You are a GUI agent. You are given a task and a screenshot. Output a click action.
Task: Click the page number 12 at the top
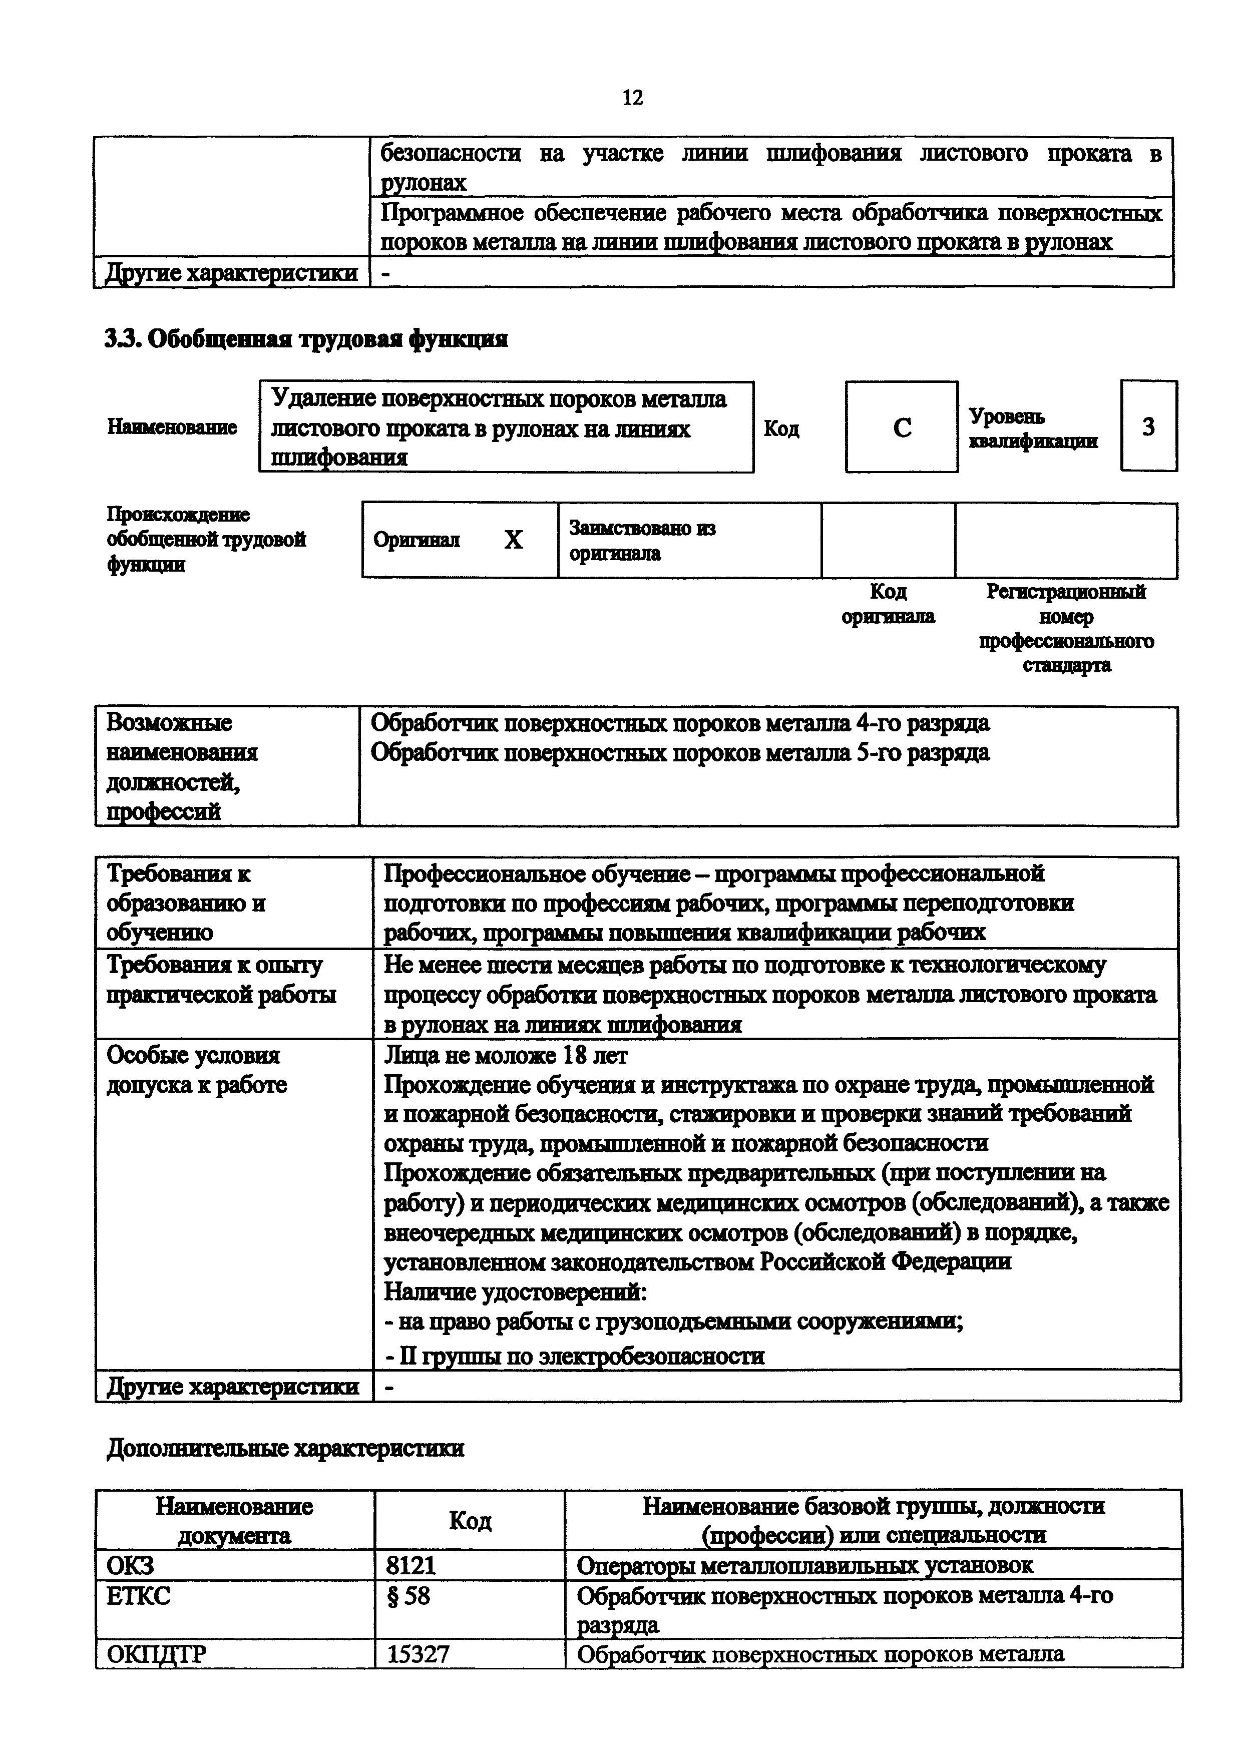tap(632, 98)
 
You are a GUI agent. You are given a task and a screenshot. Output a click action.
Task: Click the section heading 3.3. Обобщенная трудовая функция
tap(306, 339)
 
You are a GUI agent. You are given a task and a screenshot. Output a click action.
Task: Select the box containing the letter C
tap(902, 427)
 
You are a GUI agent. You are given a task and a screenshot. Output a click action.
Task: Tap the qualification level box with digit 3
tap(1148, 427)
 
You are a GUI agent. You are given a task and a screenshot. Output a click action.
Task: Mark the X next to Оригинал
tap(513, 541)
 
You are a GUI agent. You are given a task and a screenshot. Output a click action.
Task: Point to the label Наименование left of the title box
tap(172, 427)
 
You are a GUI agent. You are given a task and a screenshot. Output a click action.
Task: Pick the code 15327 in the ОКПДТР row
tap(418, 1655)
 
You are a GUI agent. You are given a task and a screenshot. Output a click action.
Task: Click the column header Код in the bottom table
tap(470, 1520)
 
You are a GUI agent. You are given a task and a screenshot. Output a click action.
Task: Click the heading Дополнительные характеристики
tap(285, 1449)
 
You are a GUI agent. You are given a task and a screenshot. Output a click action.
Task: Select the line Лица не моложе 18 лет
tap(506, 1055)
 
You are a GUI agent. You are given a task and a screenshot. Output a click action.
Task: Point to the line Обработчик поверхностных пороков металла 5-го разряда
tap(680, 753)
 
